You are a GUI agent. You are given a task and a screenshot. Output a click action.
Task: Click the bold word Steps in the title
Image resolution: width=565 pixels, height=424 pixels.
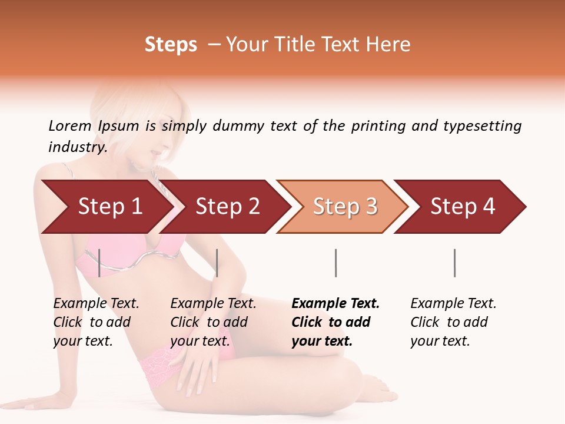pos(171,45)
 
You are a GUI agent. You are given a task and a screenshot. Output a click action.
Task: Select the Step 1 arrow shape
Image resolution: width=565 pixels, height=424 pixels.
pos(109,207)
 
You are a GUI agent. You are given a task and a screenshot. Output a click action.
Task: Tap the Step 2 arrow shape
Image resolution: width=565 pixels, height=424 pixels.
pos(227,207)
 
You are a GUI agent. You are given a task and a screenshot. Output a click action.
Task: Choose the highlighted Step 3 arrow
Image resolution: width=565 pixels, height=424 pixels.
pos(345,207)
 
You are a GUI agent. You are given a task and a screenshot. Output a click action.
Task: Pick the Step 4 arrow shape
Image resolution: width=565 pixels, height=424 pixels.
pos(463,207)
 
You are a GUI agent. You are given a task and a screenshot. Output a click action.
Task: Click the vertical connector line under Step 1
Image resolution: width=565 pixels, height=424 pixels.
pos(99,263)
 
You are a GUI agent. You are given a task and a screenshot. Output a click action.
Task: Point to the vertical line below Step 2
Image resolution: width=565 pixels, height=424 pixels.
pos(217,263)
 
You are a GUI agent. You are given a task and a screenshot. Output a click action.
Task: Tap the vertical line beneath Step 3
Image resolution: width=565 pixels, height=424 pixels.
pos(335,263)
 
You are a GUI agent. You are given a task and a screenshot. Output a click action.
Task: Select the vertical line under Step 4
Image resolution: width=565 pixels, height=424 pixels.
pos(454,263)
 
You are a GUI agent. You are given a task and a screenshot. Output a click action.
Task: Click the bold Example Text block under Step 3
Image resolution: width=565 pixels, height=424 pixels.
pos(335,322)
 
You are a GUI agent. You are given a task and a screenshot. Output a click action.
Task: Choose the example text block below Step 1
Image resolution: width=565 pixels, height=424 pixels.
pos(96,322)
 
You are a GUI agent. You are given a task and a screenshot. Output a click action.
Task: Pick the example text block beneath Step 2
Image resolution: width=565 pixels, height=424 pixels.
pos(213,322)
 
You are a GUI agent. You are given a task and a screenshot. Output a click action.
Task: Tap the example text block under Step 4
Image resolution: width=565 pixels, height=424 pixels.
pos(453,322)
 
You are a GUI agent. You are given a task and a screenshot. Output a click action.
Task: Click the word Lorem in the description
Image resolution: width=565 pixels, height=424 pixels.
pos(70,126)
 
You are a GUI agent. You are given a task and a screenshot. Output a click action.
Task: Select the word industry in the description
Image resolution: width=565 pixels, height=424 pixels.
pos(77,148)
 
